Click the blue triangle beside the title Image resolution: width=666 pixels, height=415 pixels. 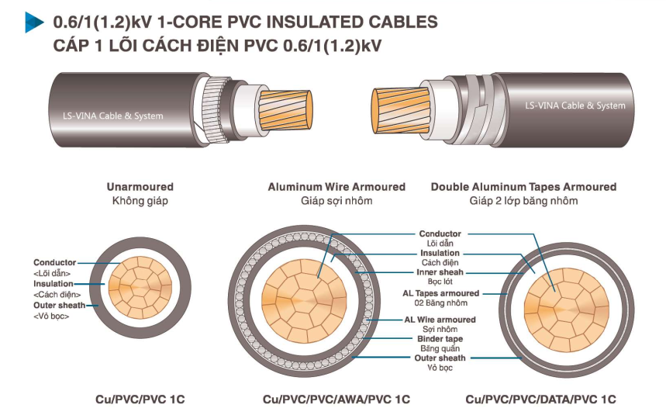[33, 22]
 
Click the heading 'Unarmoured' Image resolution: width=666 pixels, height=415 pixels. [140, 187]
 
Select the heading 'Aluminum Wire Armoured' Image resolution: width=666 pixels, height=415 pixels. [336, 187]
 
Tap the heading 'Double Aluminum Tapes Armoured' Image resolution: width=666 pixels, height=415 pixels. [523, 187]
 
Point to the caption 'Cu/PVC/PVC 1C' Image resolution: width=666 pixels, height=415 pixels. [140, 399]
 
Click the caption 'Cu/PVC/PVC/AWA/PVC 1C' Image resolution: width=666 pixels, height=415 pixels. [336, 399]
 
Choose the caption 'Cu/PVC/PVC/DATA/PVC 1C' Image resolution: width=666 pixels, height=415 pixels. [540, 399]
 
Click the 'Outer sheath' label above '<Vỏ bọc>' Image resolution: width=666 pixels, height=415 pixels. [60, 305]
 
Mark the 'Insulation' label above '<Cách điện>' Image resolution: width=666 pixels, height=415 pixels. [53, 284]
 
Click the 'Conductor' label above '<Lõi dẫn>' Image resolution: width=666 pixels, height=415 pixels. [54, 263]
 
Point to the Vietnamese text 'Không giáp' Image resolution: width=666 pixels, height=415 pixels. [140, 201]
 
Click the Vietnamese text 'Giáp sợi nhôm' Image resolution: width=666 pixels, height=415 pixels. [336, 201]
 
